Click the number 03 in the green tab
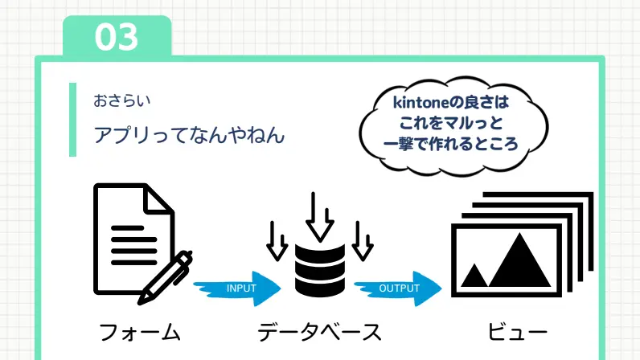pos(117,37)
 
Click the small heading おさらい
pos(122,100)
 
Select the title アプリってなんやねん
pos(189,135)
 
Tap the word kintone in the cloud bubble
pos(421,102)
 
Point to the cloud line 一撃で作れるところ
pos(450,144)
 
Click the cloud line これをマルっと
pos(450,123)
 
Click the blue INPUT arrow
pos(237,288)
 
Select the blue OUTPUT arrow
pos(397,288)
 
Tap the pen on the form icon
pos(165,277)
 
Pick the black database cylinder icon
pos(320,270)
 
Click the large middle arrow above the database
pos(319,217)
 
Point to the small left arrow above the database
pos(277,241)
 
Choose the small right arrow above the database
pos(363,241)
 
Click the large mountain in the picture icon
pos(519,260)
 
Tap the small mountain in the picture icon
pos(474,276)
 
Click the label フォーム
pos(140,332)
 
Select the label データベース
pos(319,332)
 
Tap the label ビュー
pos(517,332)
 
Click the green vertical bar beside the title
pos(72,120)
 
